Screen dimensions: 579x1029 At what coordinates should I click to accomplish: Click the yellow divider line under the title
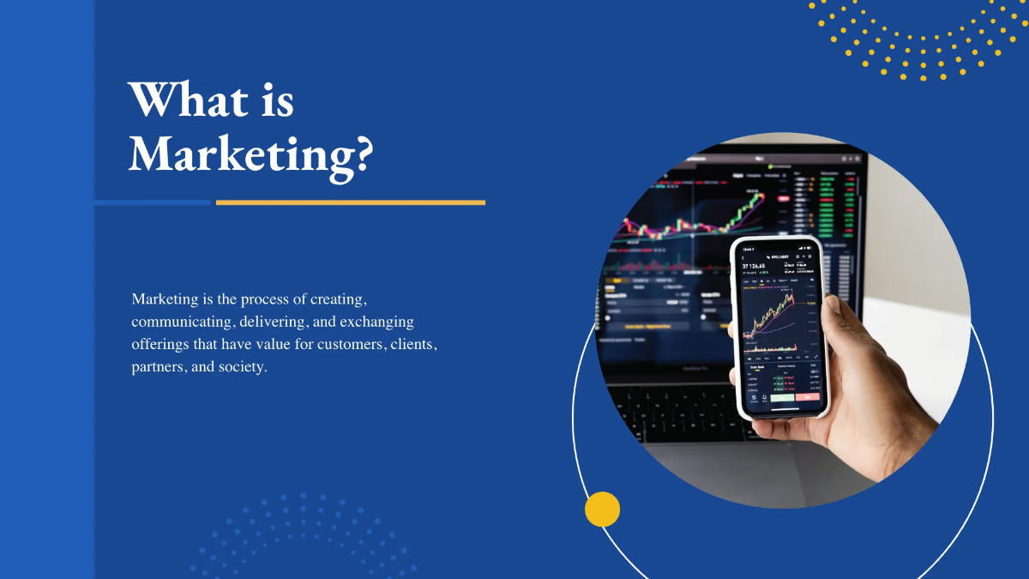point(350,202)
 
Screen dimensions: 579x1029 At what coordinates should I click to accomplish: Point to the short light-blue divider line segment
point(152,202)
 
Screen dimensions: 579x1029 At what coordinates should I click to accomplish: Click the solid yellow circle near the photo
point(602,509)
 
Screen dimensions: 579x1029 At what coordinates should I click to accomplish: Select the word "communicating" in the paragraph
point(176,323)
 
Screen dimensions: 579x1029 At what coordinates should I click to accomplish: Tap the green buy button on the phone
point(780,397)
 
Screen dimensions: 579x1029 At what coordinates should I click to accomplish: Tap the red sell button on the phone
point(807,397)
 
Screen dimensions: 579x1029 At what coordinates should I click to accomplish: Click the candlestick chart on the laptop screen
point(695,219)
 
